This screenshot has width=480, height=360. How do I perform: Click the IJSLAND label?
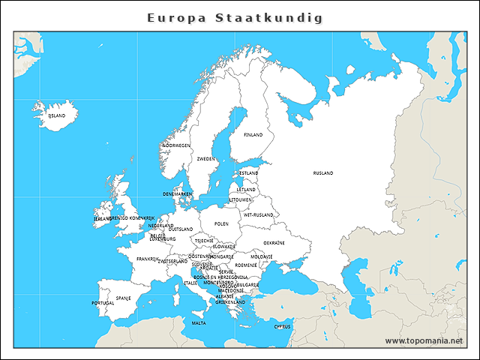(57, 116)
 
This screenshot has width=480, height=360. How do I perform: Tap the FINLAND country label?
(253, 135)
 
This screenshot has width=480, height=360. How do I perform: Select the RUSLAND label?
(323, 173)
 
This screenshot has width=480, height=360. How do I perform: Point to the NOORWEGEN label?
(177, 145)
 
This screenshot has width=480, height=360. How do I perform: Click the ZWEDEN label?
(205, 159)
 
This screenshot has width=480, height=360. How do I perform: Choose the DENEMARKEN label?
(178, 193)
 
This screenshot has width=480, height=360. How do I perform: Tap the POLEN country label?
(221, 223)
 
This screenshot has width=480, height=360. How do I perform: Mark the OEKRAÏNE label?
(274, 242)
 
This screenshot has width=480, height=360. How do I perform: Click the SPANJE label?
(124, 298)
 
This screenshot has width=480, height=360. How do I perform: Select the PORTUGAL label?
(103, 303)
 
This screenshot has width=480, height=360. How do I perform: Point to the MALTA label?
(199, 323)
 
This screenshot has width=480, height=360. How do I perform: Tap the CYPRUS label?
(282, 326)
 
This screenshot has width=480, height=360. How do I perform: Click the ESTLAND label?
(249, 173)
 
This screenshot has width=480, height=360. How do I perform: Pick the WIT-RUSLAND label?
(259, 214)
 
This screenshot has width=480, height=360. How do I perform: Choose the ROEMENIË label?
(246, 265)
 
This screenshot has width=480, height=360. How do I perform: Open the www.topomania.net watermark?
(424, 340)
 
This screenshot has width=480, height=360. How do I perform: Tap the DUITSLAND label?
(181, 229)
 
